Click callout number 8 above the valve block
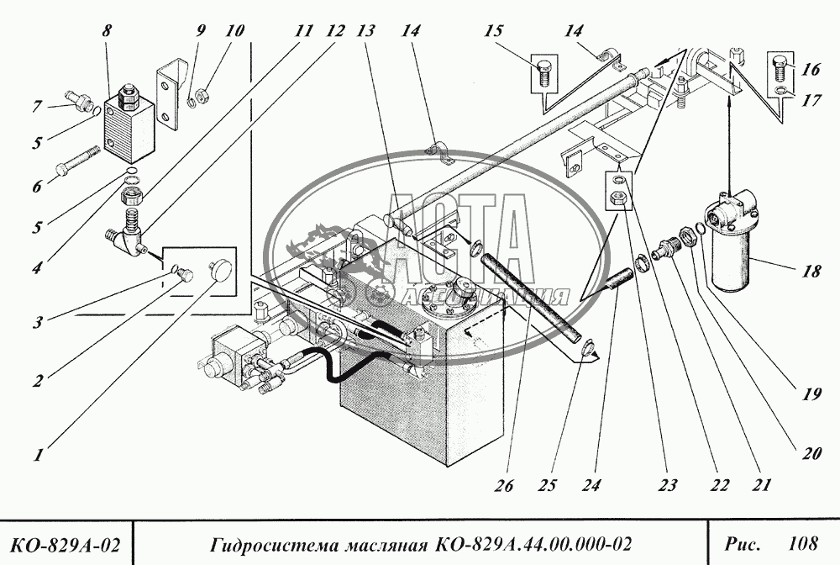tap(106, 30)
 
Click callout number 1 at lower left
tap(39, 457)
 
